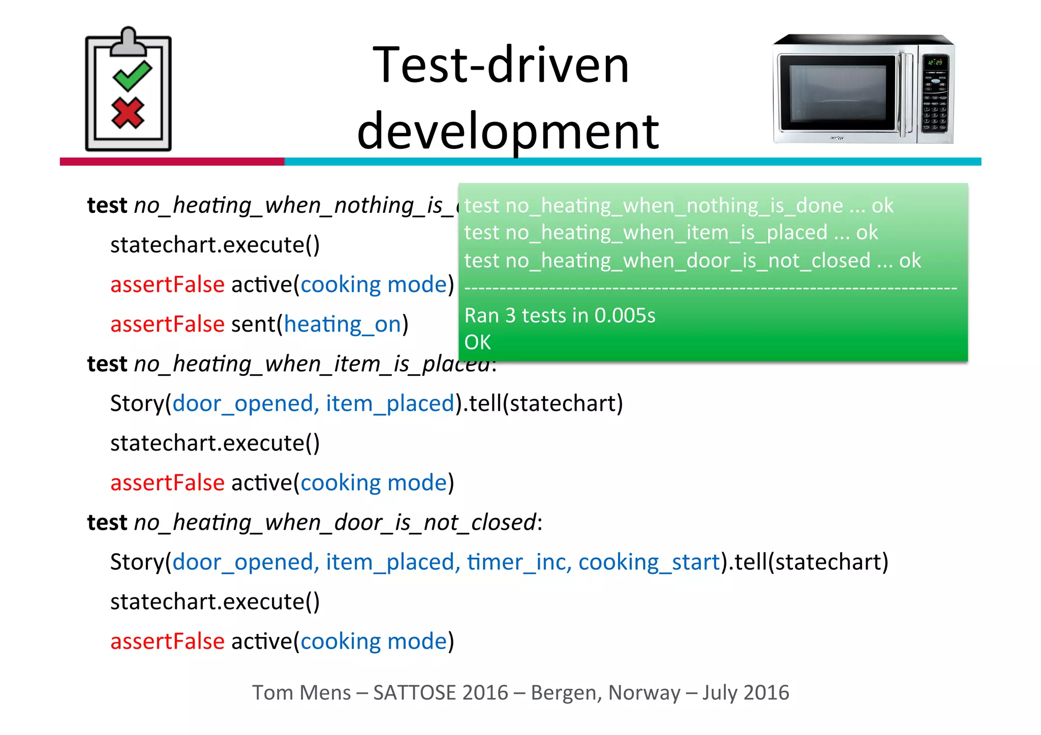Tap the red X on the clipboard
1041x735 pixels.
pos(128,113)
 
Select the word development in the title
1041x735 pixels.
pos(508,131)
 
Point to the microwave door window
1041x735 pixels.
pos(837,92)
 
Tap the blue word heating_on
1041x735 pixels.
pos(343,324)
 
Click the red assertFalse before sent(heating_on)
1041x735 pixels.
pos(167,324)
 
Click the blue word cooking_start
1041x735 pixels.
pos(649,562)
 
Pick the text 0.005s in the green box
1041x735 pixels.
pos(625,315)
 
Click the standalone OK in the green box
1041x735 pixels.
pos(477,342)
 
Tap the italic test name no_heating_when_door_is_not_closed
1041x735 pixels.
pos(334,522)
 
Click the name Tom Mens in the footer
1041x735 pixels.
pos(301,693)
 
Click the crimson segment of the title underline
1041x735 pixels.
pos(172,162)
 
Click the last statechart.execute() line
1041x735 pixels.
pos(215,601)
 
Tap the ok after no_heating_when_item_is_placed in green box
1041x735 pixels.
pos(867,233)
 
